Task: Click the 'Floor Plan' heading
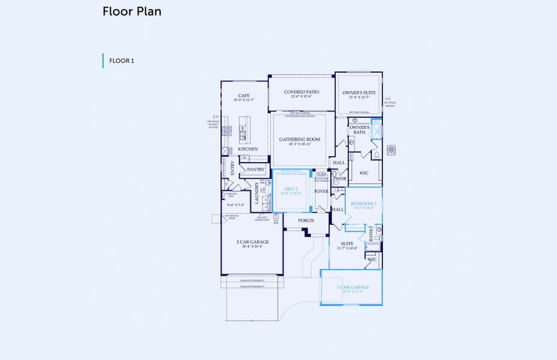(x=131, y=11)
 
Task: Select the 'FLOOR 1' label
(x=122, y=61)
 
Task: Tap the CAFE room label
(x=243, y=95)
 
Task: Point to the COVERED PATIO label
(x=301, y=92)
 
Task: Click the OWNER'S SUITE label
(x=359, y=92)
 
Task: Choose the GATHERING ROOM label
(x=300, y=139)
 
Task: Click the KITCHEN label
(x=248, y=149)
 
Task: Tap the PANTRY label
(x=256, y=170)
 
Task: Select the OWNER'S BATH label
(x=359, y=130)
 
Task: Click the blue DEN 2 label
(x=291, y=190)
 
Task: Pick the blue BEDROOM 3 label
(x=363, y=204)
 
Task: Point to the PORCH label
(x=306, y=221)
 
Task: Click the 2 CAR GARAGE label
(x=252, y=242)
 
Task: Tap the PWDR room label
(x=340, y=179)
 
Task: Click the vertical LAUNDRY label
(x=257, y=194)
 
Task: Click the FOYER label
(x=322, y=191)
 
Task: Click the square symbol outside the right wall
(x=392, y=149)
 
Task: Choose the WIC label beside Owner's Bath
(x=364, y=173)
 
